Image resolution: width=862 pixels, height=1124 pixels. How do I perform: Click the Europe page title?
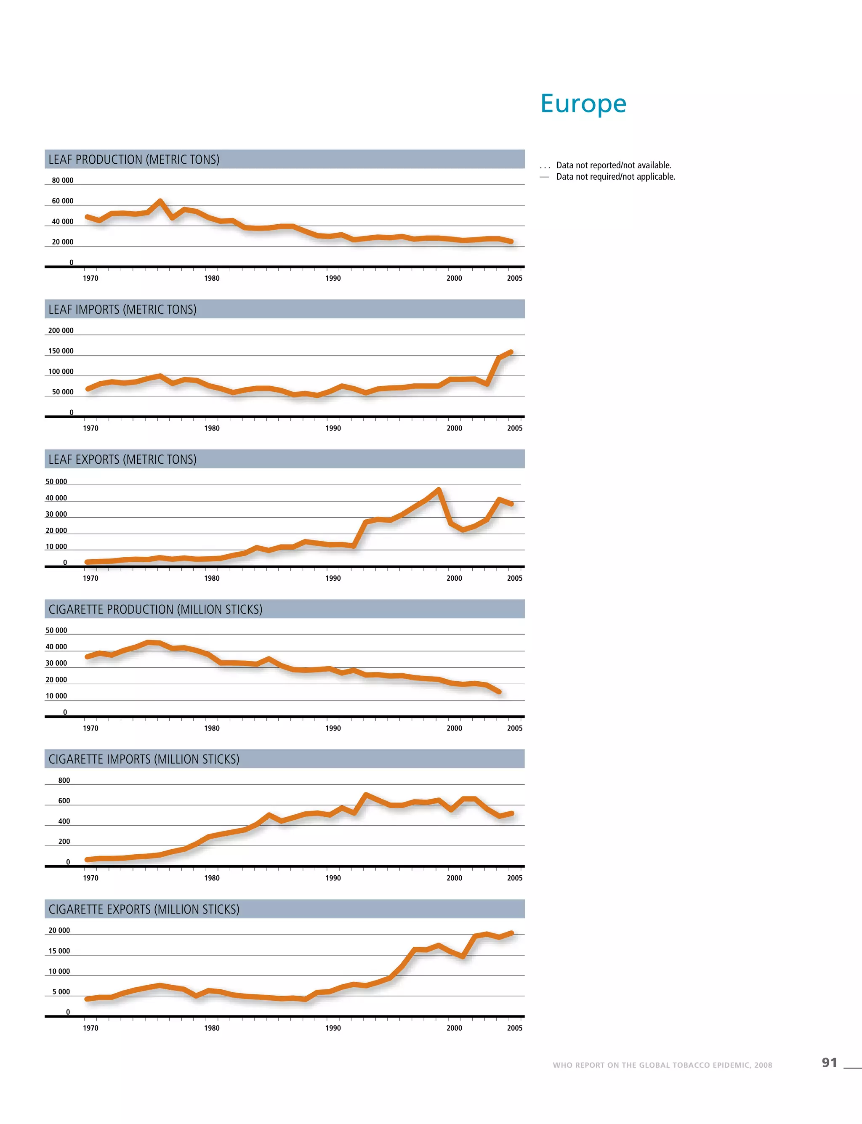(583, 104)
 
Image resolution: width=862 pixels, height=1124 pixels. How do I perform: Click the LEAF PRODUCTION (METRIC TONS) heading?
(134, 159)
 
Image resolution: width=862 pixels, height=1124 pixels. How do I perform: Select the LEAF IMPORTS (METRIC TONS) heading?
(122, 309)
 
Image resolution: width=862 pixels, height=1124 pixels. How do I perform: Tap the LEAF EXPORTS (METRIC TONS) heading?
(122, 459)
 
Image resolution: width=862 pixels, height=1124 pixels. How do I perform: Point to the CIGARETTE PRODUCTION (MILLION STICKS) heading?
(155, 609)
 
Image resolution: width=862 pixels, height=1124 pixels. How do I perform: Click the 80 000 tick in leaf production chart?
(63, 181)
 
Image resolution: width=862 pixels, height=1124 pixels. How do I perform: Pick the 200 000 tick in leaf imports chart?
(61, 330)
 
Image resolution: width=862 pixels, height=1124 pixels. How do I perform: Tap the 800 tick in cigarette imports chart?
(64, 780)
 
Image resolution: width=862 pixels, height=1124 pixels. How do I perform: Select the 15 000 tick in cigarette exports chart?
(59, 951)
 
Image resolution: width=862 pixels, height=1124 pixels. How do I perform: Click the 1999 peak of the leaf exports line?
(439, 490)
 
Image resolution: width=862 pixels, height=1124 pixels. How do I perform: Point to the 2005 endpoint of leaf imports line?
(511, 352)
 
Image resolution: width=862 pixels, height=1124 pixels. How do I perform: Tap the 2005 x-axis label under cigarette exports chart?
(515, 1028)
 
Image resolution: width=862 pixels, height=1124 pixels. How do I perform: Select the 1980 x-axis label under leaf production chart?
(211, 278)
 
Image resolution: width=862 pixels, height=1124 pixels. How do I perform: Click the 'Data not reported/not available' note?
(613, 165)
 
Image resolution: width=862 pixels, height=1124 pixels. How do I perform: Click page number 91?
(829, 1063)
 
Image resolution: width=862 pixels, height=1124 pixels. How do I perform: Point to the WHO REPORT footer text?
(662, 1065)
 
